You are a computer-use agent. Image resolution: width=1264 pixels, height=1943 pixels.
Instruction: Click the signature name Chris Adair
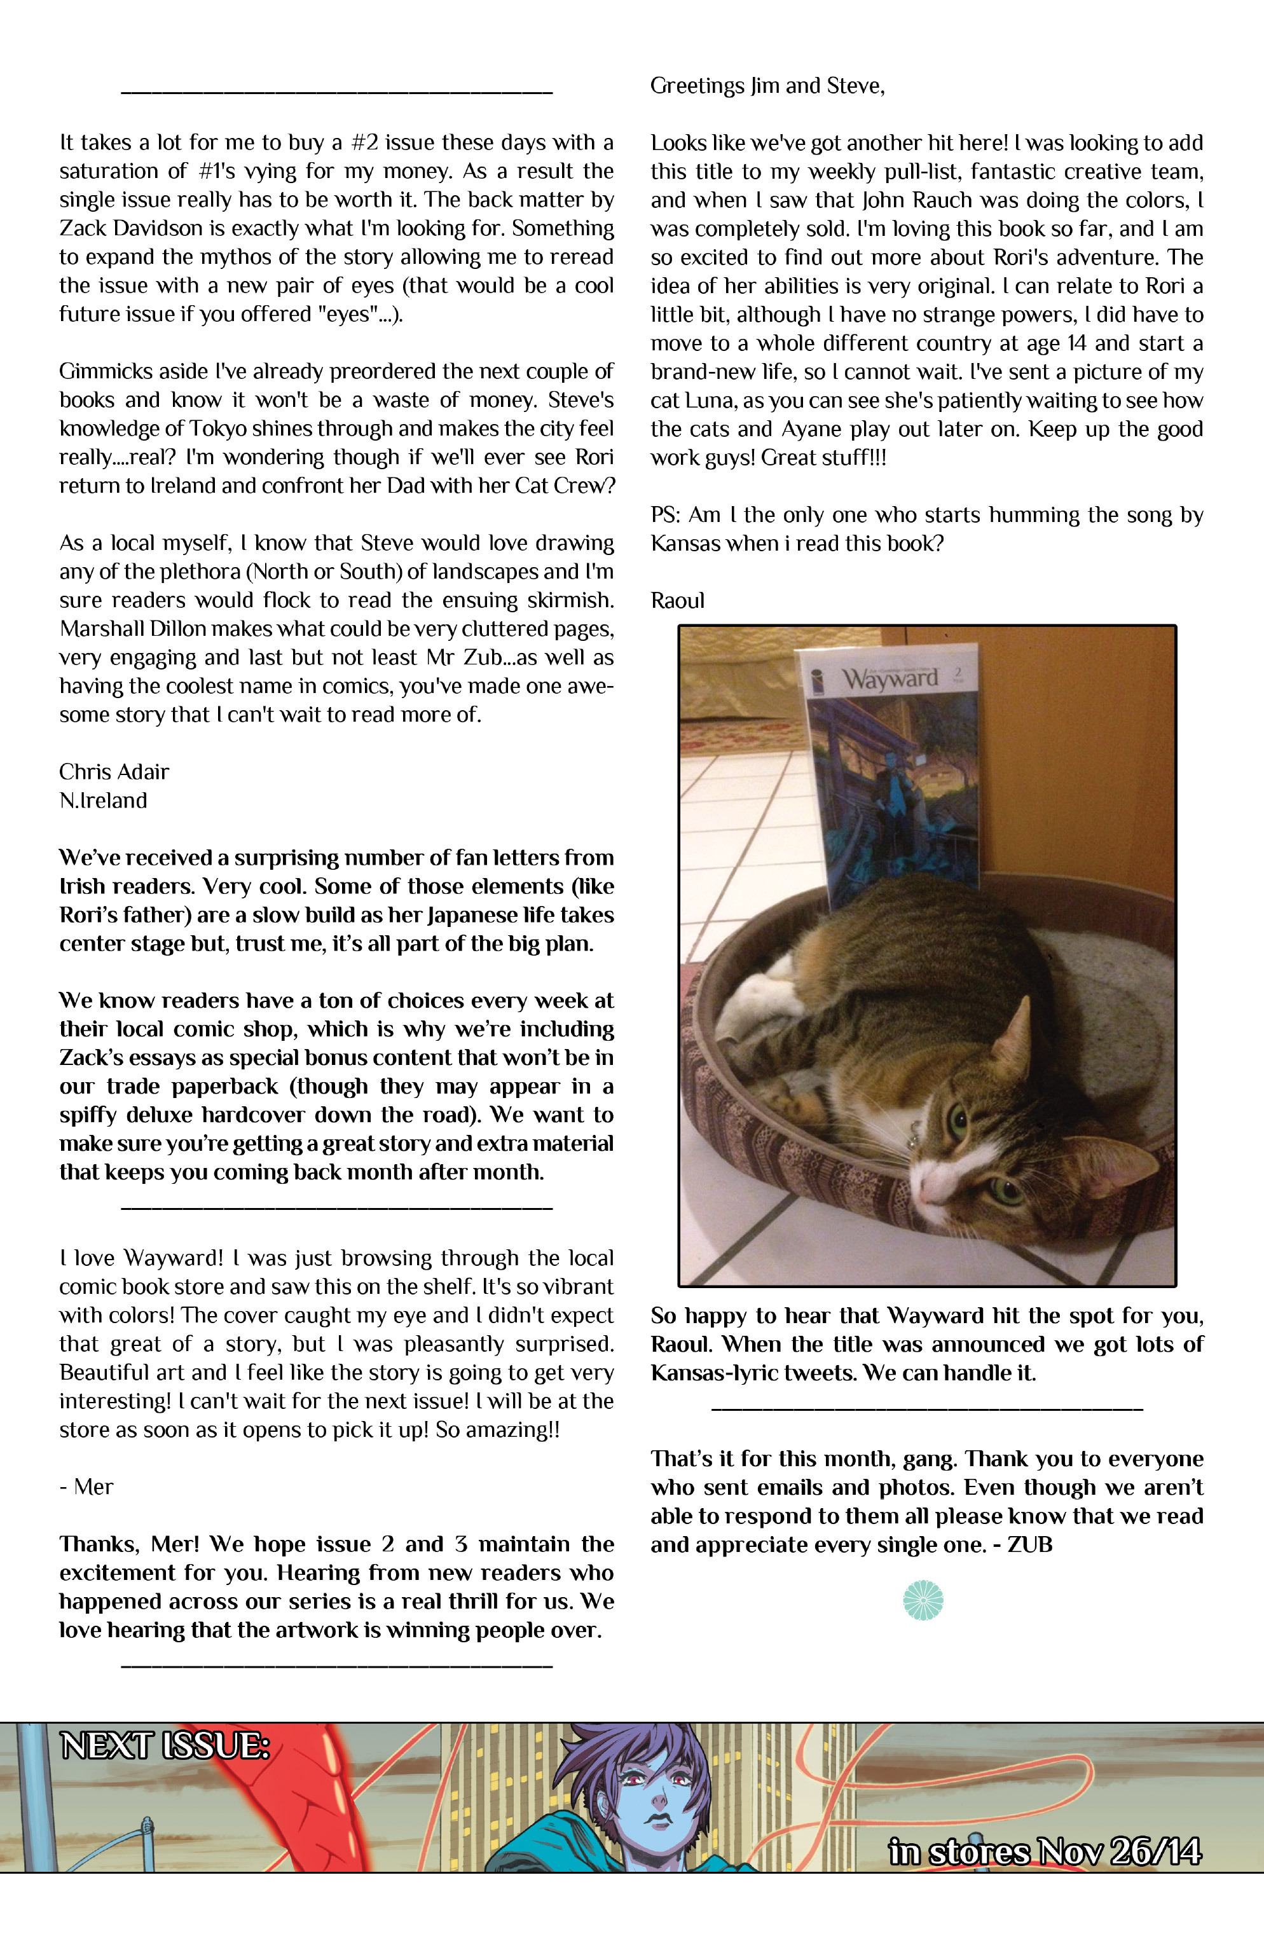(x=114, y=771)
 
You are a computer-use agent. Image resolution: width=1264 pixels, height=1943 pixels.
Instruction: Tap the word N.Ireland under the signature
(x=103, y=800)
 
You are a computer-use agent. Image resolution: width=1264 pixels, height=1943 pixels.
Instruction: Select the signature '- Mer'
(x=86, y=1486)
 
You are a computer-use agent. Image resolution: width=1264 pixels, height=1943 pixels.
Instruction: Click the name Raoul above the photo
(x=677, y=601)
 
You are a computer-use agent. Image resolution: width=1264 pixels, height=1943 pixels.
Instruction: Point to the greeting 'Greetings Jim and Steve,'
(x=767, y=86)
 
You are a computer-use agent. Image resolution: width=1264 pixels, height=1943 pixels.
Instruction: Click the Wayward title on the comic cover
(x=891, y=678)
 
